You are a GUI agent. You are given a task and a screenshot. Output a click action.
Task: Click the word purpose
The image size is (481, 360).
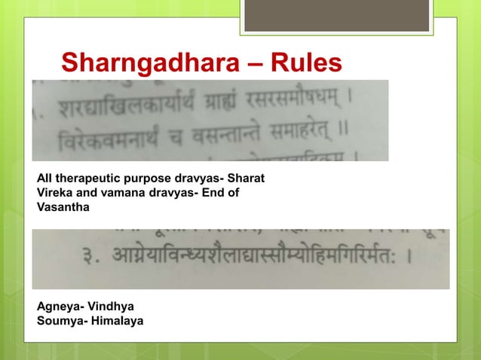[140, 179]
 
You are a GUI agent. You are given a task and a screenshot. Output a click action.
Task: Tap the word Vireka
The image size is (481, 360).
[54, 193]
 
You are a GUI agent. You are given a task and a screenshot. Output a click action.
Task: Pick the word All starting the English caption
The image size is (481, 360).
[44, 179]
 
